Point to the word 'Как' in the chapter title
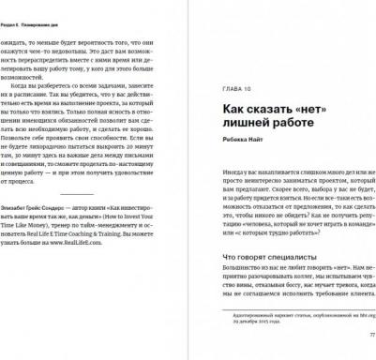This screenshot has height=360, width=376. [220, 112]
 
